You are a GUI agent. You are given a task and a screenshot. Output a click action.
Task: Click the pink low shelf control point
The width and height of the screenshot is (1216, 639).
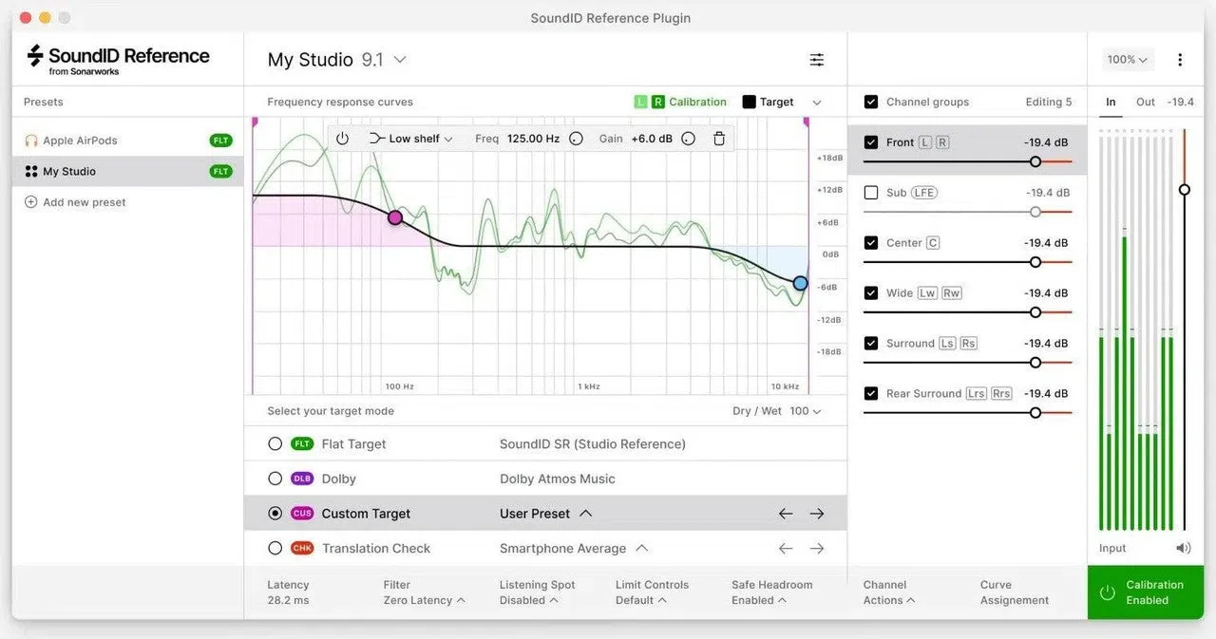395,217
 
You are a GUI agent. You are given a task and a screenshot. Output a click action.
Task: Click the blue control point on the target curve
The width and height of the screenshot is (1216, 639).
800,283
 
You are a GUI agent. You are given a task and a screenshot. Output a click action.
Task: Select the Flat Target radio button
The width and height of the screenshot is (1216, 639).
275,443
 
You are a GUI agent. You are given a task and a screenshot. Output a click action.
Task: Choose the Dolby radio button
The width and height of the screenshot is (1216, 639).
275,479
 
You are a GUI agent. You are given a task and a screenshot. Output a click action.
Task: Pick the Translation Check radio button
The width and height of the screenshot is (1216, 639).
275,548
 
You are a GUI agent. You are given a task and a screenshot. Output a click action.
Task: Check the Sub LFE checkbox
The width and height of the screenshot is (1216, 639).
871,193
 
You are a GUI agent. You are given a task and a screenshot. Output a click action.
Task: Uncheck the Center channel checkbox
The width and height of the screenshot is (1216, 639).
871,242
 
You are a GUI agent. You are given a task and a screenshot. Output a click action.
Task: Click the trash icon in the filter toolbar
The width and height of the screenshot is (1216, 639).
719,139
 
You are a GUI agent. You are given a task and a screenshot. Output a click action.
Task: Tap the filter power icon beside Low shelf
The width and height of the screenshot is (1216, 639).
342,139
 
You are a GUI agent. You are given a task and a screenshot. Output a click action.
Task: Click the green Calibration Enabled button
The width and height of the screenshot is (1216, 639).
1146,592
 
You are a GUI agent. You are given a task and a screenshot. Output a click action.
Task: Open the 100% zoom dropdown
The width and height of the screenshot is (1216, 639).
1128,60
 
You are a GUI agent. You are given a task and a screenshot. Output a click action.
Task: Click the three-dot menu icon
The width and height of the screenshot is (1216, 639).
1180,60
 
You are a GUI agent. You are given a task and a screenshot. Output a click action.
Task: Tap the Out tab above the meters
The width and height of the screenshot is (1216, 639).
1146,102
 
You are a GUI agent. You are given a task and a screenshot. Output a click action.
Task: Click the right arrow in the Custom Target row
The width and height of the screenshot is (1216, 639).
816,514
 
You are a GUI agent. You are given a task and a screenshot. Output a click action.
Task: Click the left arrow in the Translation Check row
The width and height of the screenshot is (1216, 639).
786,549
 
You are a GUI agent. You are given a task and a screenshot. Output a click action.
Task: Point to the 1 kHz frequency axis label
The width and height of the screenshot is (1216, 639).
588,386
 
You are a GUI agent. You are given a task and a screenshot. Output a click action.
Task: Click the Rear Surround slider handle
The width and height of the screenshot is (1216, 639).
1035,413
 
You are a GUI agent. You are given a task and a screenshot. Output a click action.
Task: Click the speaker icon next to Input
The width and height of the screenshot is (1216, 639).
1184,548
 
